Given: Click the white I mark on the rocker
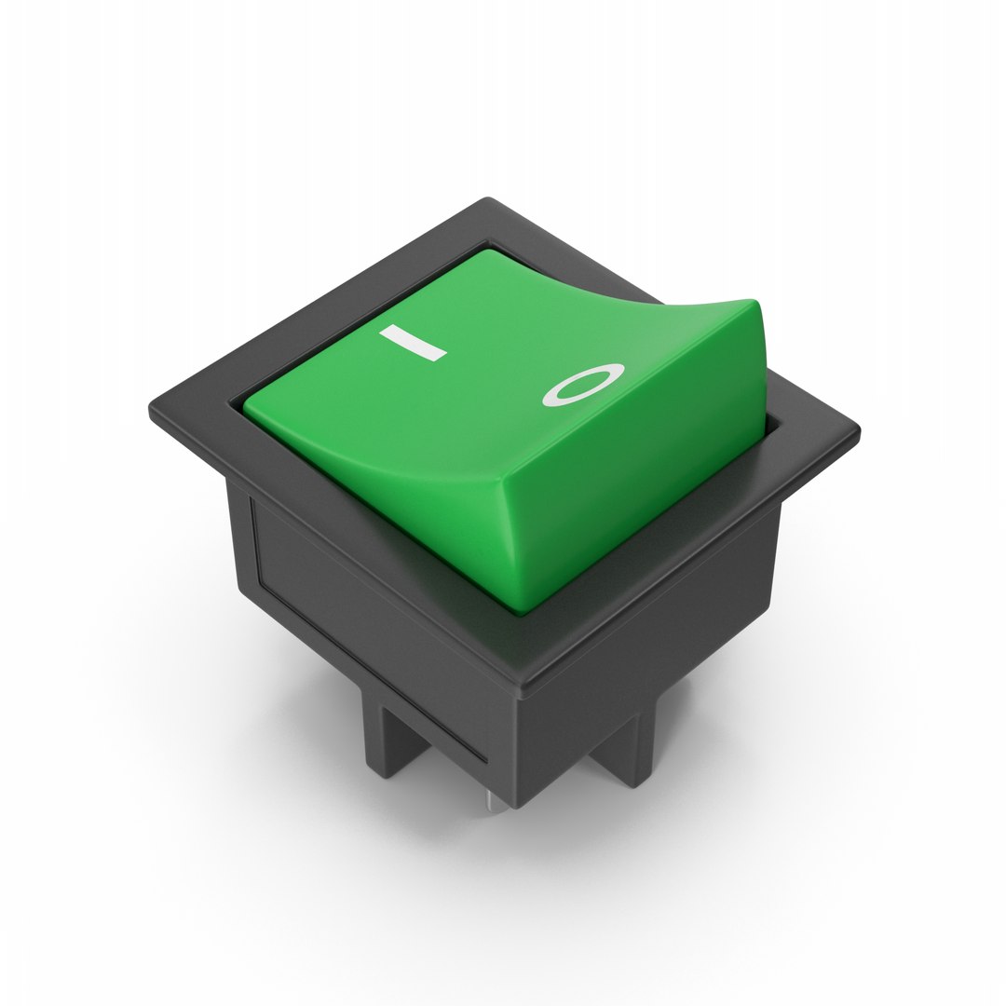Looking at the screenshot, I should point(413,343).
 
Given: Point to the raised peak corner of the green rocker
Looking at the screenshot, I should point(756,304).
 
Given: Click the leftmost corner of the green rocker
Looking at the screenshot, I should point(246,405).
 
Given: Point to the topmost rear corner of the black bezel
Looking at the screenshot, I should point(487,200).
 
